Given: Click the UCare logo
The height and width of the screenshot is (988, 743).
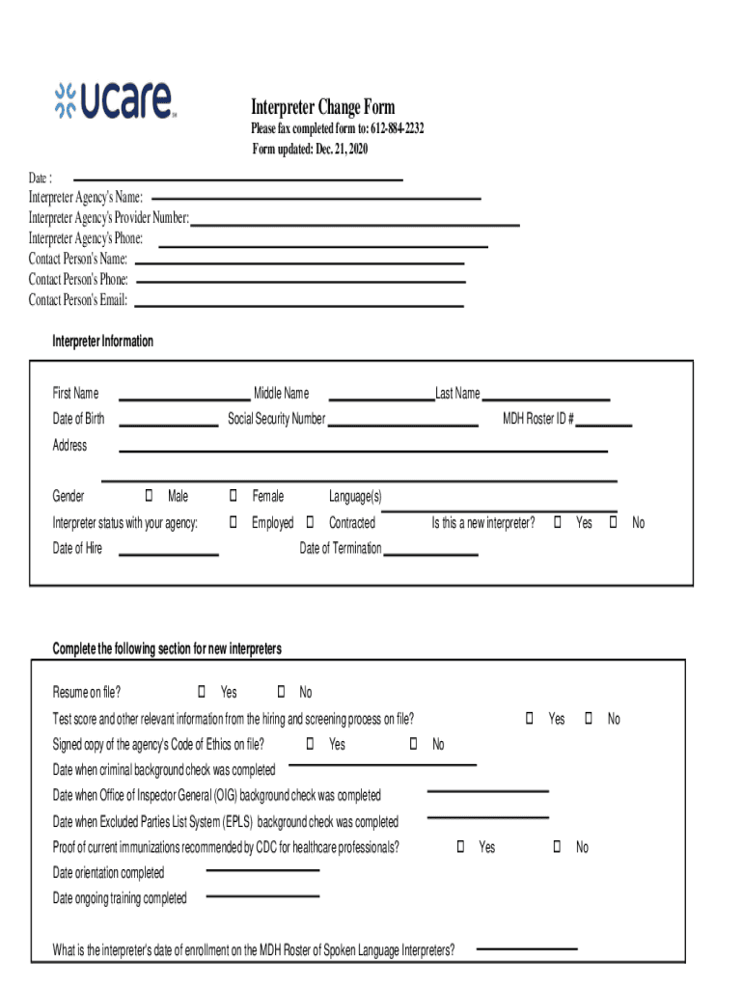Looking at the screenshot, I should click(114, 101).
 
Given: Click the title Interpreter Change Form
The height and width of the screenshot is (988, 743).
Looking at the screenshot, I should click(322, 107).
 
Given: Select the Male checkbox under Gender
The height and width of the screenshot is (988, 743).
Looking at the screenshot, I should click(149, 496).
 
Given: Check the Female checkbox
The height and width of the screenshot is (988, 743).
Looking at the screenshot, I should click(234, 496).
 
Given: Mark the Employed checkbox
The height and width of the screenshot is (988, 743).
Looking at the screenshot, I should click(234, 523).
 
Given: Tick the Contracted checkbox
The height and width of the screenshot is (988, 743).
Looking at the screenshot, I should click(310, 523).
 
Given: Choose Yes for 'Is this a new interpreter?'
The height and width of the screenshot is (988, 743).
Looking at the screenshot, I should click(558, 523).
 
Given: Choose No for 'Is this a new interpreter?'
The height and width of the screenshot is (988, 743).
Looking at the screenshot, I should click(613, 523).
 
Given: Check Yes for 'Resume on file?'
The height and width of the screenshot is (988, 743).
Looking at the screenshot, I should click(202, 692).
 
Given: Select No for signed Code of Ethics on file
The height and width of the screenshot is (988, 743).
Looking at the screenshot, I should click(413, 744).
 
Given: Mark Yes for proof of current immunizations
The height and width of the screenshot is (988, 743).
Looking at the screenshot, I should click(460, 847).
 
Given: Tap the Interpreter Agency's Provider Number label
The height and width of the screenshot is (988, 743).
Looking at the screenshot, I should click(108, 218).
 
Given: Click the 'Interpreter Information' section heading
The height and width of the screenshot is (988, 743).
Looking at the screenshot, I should click(102, 342).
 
